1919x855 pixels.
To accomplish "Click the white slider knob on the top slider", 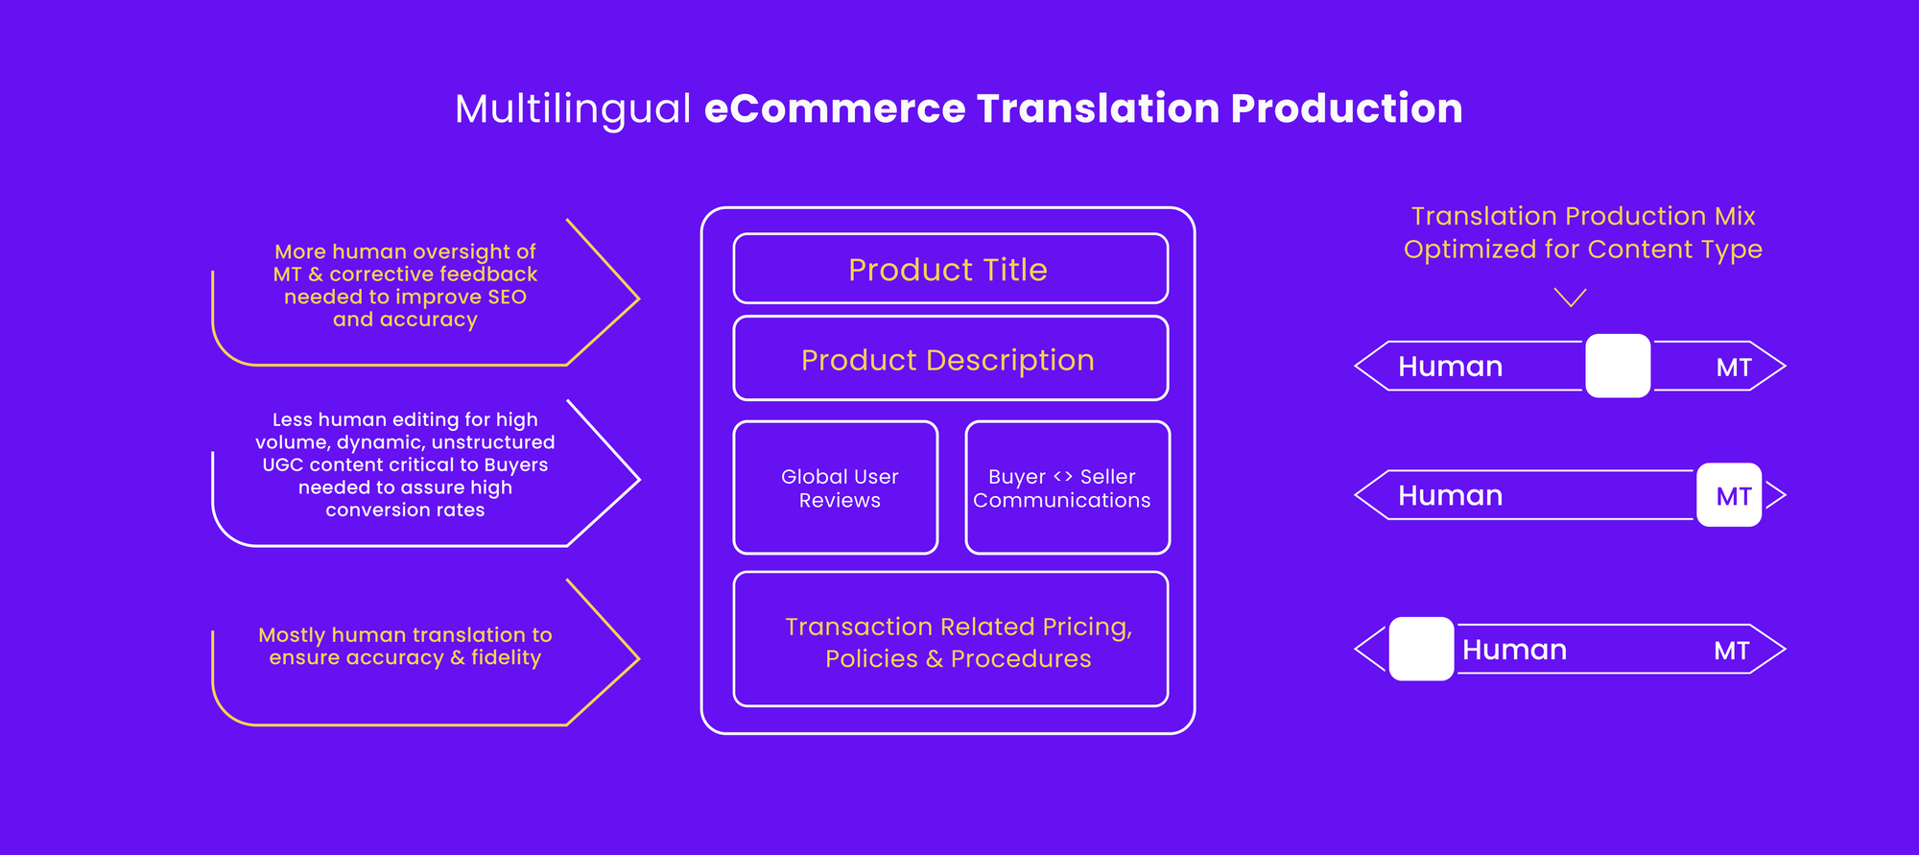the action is pos(1618,366).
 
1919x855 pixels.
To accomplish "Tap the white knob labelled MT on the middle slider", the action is pos(1729,495).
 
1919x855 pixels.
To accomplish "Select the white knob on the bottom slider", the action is pos(1421,649).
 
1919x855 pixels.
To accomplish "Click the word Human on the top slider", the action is pos(1450,367).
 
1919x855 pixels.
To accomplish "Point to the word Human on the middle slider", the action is pos(1450,496).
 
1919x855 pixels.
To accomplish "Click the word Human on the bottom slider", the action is pos(1514,651).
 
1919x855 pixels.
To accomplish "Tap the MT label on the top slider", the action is pos(1734,368).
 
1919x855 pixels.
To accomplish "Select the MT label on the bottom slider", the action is pos(1732,652).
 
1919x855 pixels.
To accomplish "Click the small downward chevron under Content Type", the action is pos(1570,298).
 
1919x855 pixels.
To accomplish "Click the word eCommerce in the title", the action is pos(835,108).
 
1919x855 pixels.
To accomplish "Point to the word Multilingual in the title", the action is pos(573,109).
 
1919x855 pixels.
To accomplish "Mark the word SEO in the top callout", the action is pos(507,297).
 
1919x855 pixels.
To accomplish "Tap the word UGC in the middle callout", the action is pos(283,465).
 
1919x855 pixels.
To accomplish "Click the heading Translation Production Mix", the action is pos(1583,216).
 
